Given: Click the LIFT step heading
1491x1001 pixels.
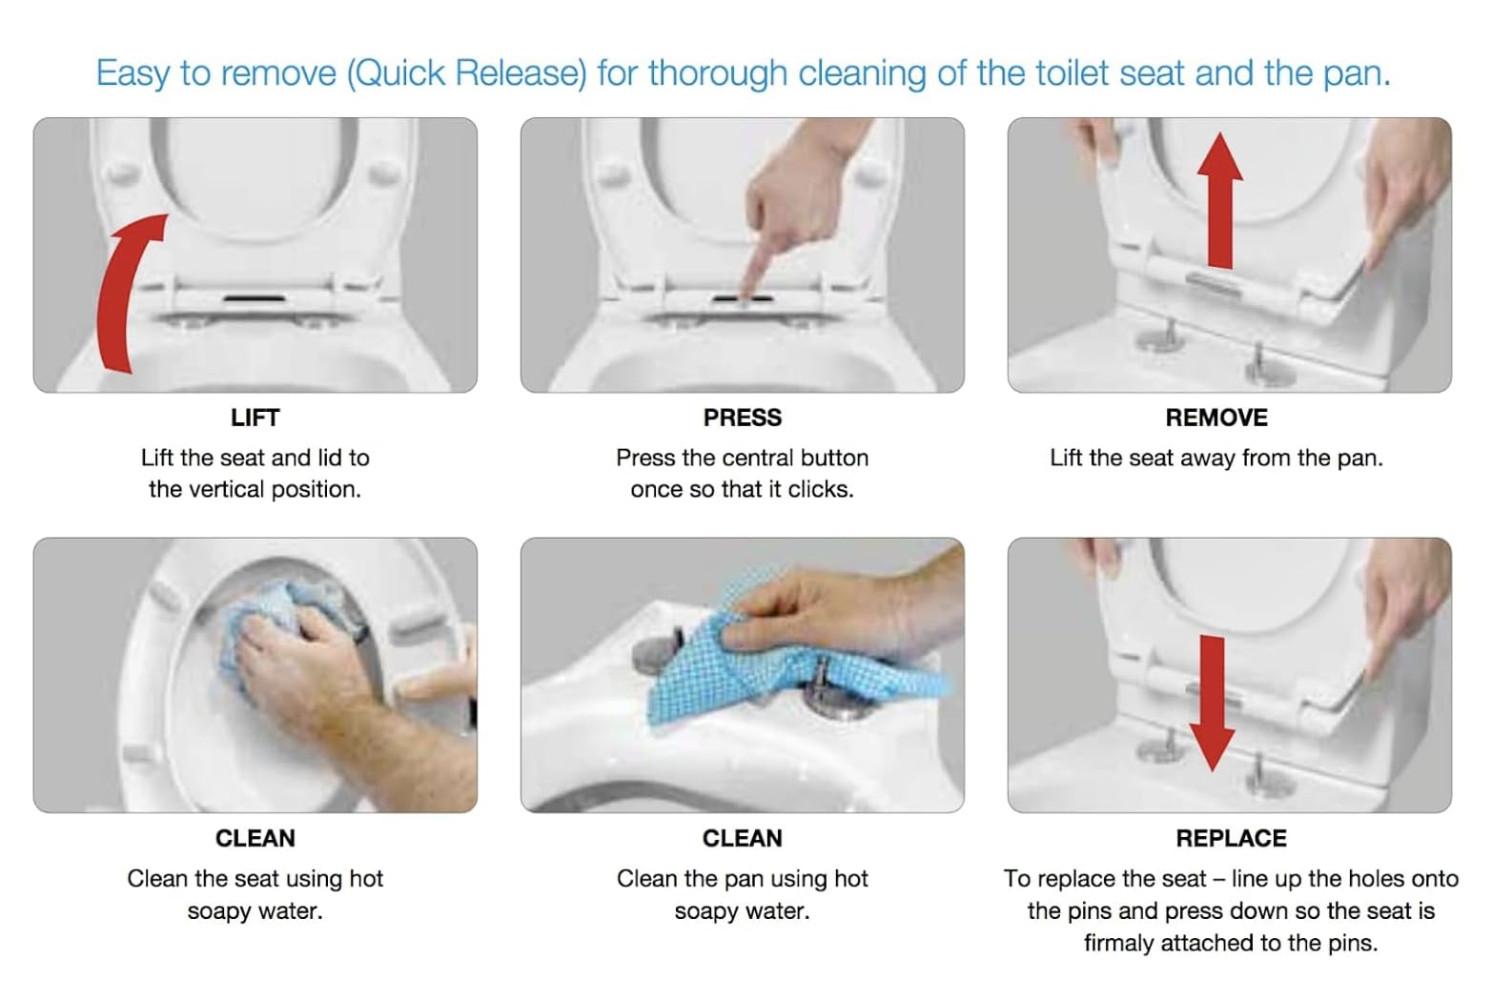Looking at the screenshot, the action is click(x=255, y=418).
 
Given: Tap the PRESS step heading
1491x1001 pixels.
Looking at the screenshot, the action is click(x=743, y=418).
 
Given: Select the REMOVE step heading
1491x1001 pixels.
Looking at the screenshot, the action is click(x=1216, y=418).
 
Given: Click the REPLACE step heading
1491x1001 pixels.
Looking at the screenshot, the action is click(x=1231, y=838).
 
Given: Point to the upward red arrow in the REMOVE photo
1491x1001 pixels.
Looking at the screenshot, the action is click(x=1219, y=199).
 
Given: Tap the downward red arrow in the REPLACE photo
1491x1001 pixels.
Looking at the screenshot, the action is click(x=1212, y=703).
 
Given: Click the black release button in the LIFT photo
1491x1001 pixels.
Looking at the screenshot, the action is click(x=255, y=298).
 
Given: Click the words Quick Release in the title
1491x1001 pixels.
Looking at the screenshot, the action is click(x=466, y=72).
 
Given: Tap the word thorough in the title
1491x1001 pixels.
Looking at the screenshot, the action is click(x=718, y=73).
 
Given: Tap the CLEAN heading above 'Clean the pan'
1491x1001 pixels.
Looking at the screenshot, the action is click(x=743, y=838).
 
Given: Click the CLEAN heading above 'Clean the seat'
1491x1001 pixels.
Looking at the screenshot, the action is click(x=255, y=838).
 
